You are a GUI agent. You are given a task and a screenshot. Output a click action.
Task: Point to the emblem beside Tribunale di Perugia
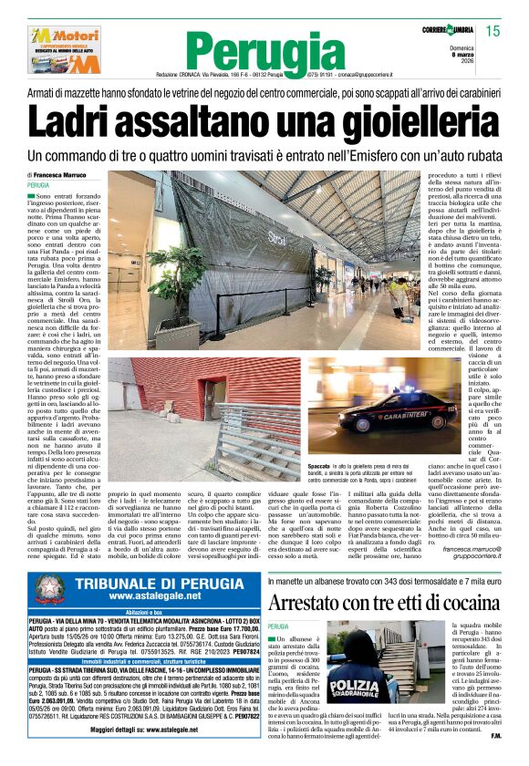point(51,588)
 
